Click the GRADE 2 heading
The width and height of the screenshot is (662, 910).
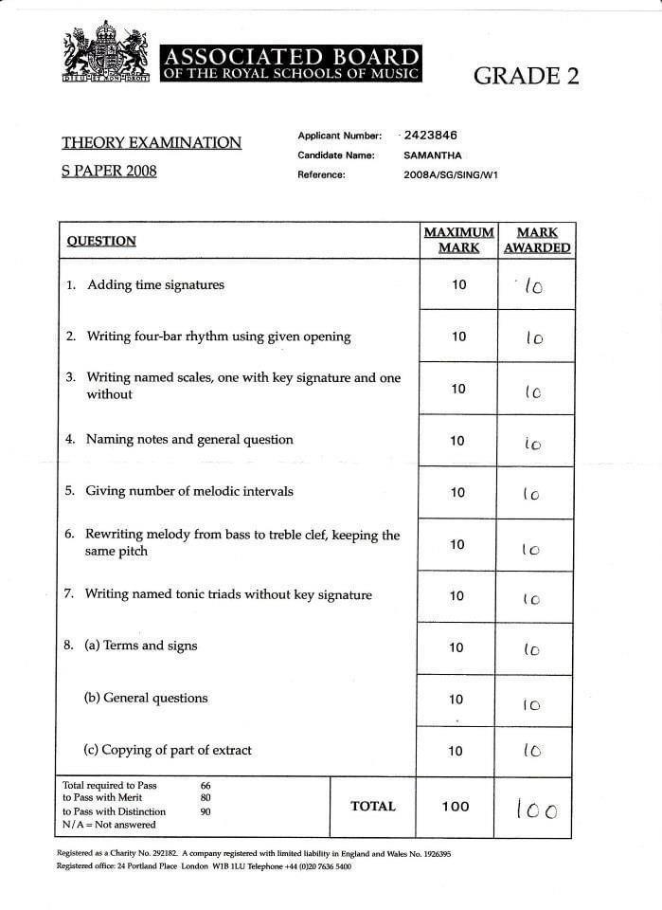526,77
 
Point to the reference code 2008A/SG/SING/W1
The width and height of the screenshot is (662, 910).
451,174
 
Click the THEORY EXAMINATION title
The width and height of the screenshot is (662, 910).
152,143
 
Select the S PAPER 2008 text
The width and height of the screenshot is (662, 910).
109,172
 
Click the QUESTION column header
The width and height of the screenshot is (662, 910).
101,241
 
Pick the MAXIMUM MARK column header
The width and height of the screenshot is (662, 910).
458,240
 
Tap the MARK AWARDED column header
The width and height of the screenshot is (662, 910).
537,240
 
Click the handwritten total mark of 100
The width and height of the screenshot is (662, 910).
536,810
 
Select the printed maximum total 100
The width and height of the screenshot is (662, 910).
456,807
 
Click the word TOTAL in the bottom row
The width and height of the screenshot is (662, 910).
373,807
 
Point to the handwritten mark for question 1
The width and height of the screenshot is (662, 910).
533,286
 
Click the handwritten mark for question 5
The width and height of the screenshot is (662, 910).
531,495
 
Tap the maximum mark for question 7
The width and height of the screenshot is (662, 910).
457,596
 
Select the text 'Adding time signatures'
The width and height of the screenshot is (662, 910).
155,285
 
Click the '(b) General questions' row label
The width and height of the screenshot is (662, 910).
146,699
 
